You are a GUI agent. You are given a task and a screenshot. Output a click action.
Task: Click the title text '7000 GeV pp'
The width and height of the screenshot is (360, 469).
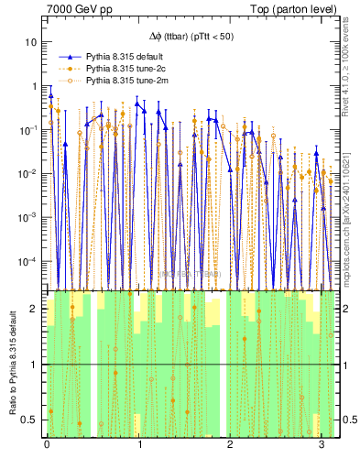click(74, 8)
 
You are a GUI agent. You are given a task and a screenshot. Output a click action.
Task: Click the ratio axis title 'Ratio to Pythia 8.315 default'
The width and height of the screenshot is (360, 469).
click(11, 363)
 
